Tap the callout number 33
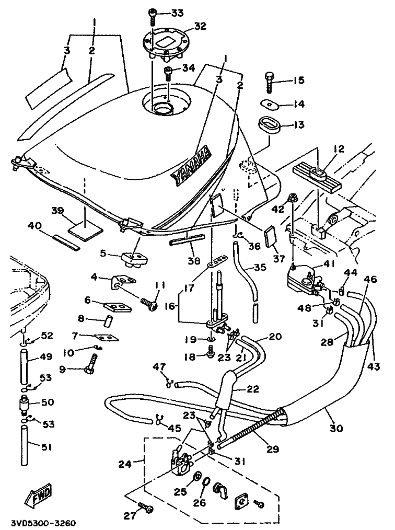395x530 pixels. pos(178,12)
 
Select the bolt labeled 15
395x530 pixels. pos(270,82)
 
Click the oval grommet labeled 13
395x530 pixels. pos(269,125)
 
